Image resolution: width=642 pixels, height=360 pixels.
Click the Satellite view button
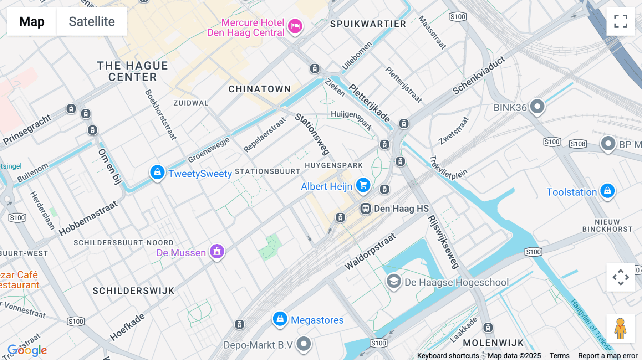tap(92, 21)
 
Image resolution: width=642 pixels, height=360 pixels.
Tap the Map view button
tap(32, 21)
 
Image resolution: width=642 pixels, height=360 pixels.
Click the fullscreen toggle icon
tap(621, 21)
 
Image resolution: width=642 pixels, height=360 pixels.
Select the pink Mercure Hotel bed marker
tap(295, 26)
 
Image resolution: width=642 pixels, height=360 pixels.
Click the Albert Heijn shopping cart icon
tap(363, 185)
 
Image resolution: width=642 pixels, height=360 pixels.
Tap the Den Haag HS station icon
tap(366, 209)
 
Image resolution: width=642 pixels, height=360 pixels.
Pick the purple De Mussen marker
tap(217, 251)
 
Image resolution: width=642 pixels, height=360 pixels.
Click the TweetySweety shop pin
tap(157, 173)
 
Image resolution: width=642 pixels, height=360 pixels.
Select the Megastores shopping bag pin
tap(280, 319)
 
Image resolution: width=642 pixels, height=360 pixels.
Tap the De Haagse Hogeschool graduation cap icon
tap(394, 281)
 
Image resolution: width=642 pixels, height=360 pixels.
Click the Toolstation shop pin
tap(607, 191)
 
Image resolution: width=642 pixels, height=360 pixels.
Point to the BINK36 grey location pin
tap(537, 106)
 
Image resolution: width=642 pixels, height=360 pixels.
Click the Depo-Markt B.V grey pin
tap(304, 344)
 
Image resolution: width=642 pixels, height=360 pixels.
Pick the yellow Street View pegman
tap(620, 329)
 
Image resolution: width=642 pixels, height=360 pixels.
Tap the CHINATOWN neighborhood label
tap(260, 89)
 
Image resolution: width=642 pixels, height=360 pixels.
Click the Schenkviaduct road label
tap(479, 75)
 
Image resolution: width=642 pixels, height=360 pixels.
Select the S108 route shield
tap(578, 144)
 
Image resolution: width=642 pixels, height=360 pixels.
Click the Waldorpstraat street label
tap(370, 251)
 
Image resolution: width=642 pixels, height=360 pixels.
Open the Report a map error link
tap(608, 356)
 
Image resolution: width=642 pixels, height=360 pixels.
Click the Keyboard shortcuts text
tap(448, 356)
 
